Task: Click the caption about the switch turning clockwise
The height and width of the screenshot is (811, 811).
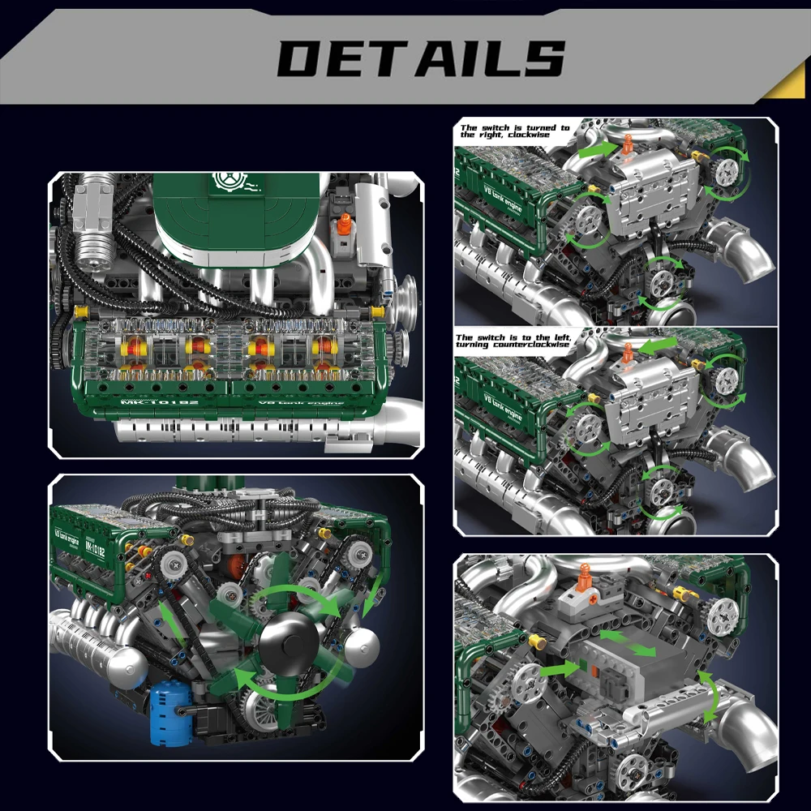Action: (514, 131)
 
